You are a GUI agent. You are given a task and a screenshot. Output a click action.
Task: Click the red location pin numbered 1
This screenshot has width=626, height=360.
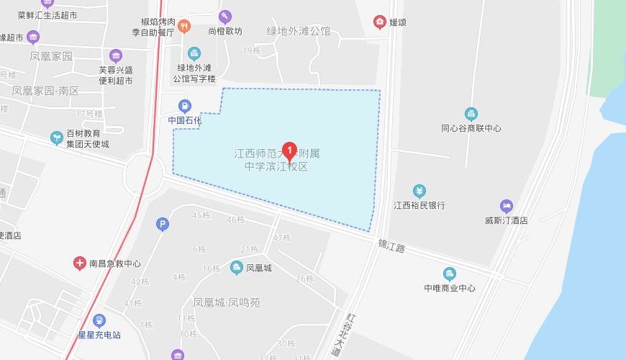289,150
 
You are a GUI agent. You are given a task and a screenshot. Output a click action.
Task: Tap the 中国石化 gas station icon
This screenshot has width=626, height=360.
185,106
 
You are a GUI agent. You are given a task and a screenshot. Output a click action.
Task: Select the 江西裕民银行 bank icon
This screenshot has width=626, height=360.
419,191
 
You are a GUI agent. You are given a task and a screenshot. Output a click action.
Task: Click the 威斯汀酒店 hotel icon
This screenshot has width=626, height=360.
507,206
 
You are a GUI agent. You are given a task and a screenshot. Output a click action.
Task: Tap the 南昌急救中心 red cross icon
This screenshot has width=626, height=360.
80,264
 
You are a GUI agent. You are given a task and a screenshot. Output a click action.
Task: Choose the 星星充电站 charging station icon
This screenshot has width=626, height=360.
99,320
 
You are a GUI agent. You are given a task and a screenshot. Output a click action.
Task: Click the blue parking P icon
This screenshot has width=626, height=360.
163,225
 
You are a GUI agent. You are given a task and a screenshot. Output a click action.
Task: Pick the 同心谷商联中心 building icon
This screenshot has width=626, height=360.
471,114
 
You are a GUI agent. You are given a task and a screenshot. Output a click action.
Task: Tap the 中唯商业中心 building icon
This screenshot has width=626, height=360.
450,274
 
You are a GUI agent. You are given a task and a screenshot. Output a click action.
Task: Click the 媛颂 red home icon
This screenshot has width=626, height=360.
379,22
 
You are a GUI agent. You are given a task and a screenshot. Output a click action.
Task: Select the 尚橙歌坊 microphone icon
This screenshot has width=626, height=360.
225,17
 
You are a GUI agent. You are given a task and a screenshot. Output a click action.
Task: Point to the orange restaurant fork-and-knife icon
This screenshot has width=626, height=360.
184,27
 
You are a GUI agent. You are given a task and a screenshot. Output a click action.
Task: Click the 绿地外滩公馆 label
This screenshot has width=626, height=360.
299,31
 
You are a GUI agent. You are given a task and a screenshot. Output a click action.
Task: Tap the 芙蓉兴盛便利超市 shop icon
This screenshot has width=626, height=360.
116,55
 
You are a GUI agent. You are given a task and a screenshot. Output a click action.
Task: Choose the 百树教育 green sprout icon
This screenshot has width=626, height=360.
56,137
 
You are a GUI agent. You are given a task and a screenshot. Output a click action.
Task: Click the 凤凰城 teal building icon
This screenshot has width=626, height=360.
236,268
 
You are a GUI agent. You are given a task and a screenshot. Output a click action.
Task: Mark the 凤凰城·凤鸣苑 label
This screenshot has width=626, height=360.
227,302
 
